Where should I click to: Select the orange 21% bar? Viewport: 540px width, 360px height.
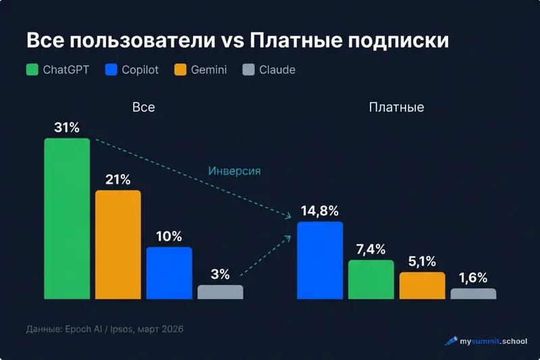pyautogui.click(x=118, y=245)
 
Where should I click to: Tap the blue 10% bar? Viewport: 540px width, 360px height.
pyautogui.click(x=169, y=273)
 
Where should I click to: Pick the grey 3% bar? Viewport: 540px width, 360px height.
pyautogui.click(x=220, y=292)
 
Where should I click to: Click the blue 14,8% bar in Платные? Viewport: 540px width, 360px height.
pyautogui.click(x=320, y=260)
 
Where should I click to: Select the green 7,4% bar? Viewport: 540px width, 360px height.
pyautogui.click(x=371, y=279)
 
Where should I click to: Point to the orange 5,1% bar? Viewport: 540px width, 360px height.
pyautogui.click(x=422, y=285)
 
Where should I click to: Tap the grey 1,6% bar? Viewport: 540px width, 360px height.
pyautogui.click(x=473, y=293)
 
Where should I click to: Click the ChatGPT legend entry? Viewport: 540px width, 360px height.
pyautogui.click(x=60, y=70)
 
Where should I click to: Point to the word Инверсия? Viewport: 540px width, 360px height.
pyautogui.click(x=234, y=171)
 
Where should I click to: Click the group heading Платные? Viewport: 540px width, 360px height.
pyautogui.click(x=396, y=107)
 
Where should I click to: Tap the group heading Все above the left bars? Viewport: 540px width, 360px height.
pyautogui.click(x=143, y=107)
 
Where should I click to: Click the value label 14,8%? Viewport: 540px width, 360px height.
pyautogui.click(x=319, y=210)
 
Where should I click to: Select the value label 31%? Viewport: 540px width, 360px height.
pyautogui.click(x=67, y=127)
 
